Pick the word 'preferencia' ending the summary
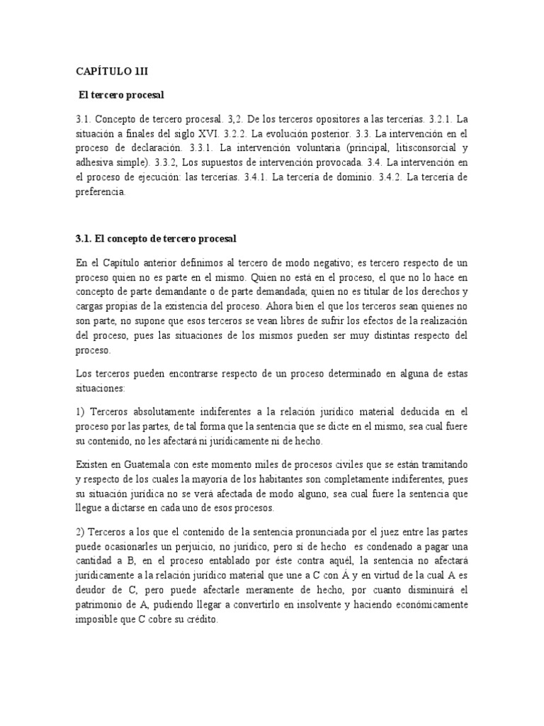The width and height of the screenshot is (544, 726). [x=101, y=192]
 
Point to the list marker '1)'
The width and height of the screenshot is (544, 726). [x=80, y=411]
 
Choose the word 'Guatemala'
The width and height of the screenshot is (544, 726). [x=147, y=464]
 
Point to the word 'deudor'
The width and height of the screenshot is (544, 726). [x=90, y=589]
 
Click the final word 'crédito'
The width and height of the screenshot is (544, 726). [x=202, y=618]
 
